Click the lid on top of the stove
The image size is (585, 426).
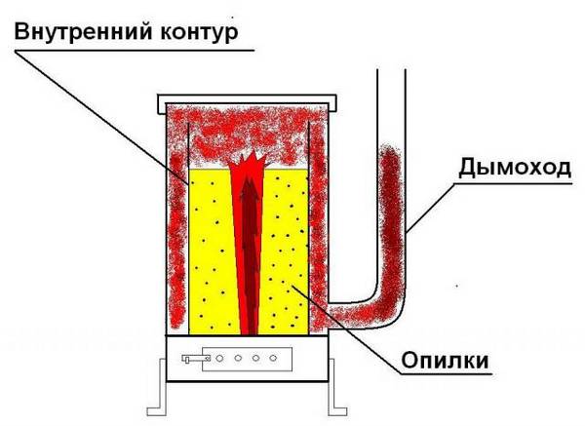[248, 100]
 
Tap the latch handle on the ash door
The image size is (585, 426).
[195, 360]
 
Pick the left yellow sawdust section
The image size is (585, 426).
[208, 253]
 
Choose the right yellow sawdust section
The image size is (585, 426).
[289, 253]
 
